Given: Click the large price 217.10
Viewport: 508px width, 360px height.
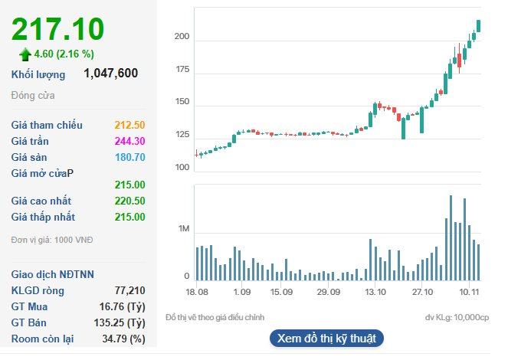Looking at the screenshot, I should (x=57, y=29).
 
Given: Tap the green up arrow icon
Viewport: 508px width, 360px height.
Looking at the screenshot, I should (x=25, y=54).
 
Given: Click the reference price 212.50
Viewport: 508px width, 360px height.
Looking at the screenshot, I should (x=129, y=125).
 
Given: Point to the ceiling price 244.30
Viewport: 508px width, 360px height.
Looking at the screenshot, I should (x=129, y=141).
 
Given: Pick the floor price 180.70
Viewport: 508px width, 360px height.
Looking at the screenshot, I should (x=129, y=157).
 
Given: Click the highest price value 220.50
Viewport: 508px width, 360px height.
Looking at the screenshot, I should (x=129, y=201).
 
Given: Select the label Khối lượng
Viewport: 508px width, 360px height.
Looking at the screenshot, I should (x=38, y=74).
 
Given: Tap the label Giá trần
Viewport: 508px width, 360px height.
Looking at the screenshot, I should (x=31, y=141).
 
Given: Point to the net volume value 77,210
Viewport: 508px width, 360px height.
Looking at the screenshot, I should (x=129, y=291).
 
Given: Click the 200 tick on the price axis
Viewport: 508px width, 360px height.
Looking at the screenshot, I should (x=182, y=38).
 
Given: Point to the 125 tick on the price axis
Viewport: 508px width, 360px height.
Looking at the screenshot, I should (x=182, y=136).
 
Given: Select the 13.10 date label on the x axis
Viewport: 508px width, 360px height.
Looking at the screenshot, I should (x=375, y=292).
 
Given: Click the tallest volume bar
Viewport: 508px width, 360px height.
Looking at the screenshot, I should (x=451, y=238).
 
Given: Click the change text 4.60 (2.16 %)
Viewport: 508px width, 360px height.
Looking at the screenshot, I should (x=64, y=54).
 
